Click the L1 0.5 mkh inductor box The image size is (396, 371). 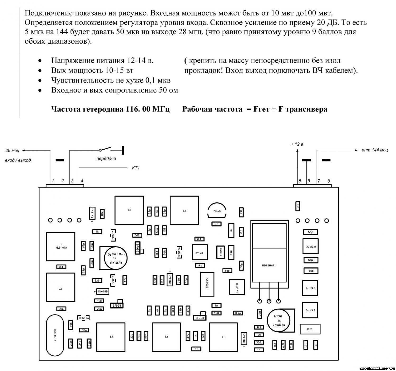click(x=60, y=246)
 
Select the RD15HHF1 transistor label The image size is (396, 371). click(x=269, y=266)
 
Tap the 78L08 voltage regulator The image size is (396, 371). click(x=217, y=211)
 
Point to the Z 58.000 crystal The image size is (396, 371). click(x=55, y=335)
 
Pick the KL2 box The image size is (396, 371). click(x=310, y=329)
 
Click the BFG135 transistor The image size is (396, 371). click(x=208, y=284)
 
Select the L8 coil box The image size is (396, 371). click(x=224, y=337)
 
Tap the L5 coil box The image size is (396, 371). click(x=184, y=211)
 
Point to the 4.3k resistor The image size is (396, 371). click(x=283, y=345)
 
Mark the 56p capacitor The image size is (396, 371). click(x=310, y=232)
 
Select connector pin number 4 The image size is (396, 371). click(x=82, y=181)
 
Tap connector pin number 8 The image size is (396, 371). click(x=329, y=181)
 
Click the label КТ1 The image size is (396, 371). click(x=136, y=168)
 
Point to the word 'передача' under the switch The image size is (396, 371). click(x=106, y=159)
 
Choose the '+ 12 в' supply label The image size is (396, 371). click(x=297, y=144)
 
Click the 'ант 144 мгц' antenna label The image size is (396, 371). click(x=375, y=150)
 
